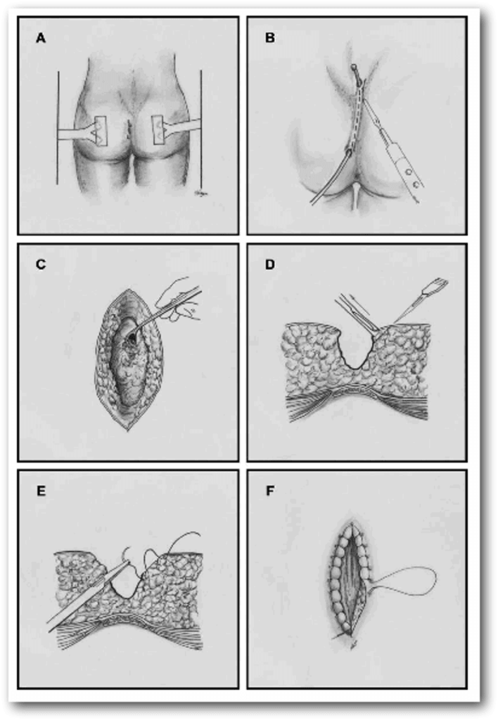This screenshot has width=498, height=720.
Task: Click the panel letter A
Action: point(41,38)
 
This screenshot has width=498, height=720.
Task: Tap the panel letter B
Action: point(270,38)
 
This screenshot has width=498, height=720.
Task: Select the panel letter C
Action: point(41,264)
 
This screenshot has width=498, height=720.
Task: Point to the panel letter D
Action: point(270,264)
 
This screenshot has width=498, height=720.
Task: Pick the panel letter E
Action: point(41,491)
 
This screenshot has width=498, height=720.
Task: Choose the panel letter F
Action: point(270,491)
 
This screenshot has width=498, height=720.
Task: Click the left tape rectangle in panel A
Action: point(100,131)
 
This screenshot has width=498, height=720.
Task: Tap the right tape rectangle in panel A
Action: point(158,131)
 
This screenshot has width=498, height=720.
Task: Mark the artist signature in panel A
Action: point(199,193)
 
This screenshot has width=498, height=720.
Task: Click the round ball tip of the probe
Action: point(355,68)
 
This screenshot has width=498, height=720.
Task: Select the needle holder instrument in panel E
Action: point(85,595)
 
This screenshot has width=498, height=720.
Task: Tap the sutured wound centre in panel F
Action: point(352,581)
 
